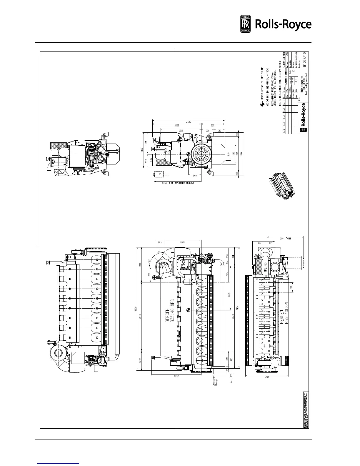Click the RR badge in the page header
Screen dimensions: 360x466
click(x=246, y=24)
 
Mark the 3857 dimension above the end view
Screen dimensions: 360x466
click(x=186, y=122)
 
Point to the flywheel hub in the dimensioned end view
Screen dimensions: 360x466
click(x=202, y=154)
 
